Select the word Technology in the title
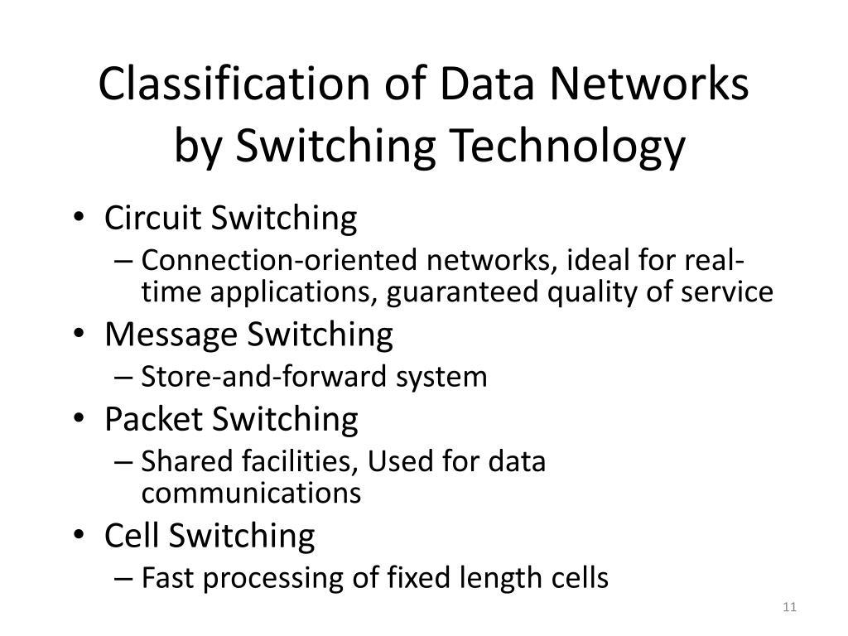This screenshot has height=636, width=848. click(x=567, y=147)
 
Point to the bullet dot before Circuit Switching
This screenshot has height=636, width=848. click(x=79, y=217)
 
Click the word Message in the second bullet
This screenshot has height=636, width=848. click(x=171, y=335)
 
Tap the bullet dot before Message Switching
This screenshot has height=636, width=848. click(x=79, y=334)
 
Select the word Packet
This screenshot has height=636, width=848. click(x=153, y=419)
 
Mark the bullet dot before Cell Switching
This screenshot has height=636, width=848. click(x=79, y=535)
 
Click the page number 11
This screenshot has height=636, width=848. click(x=789, y=607)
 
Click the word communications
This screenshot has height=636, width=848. click(x=251, y=493)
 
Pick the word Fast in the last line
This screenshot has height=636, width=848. click(x=167, y=577)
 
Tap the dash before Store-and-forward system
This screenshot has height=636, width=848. click(x=123, y=378)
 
